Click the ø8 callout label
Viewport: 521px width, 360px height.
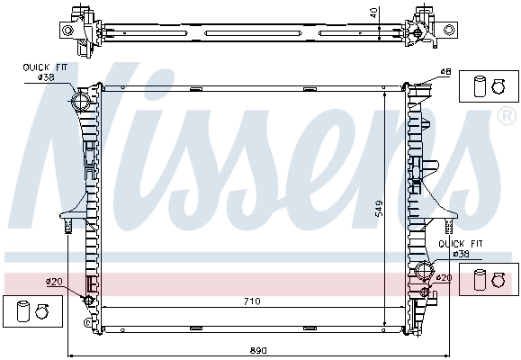tap(445, 72)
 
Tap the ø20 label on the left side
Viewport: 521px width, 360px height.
tap(54, 282)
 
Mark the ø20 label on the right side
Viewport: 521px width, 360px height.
tap(442, 278)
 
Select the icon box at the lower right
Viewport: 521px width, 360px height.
tap(490, 280)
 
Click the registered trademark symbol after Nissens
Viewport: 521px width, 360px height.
tap(506, 117)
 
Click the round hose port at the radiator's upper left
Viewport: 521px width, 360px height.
tap(80, 101)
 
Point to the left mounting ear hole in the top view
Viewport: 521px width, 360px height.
tap(67, 30)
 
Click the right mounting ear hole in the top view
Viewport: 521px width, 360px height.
tap(447, 30)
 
